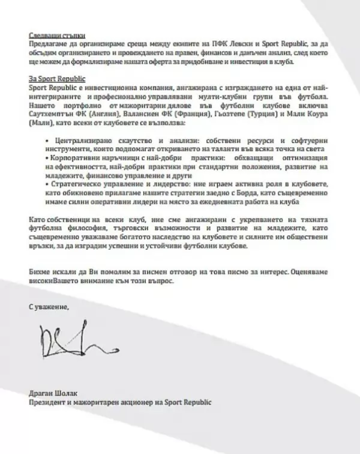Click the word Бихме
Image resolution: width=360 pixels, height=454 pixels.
(40, 273)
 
